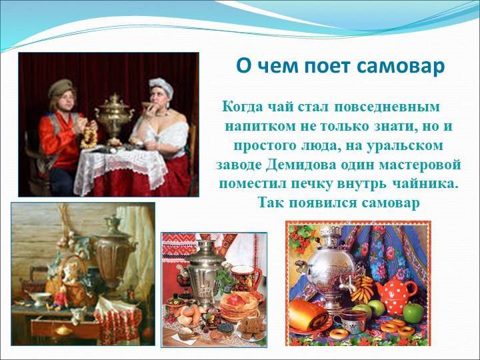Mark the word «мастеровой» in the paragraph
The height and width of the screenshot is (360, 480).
click(x=420, y=165)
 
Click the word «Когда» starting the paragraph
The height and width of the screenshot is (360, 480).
click(x=242, y=107)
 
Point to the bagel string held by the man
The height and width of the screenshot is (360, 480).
click(x=89, y=135)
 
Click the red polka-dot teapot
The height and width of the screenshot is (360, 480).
click(x=396, y=293)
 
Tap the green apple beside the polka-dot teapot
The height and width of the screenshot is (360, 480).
click(x=413, y=312)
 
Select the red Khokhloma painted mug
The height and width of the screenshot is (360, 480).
click(x=245, y=277)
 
